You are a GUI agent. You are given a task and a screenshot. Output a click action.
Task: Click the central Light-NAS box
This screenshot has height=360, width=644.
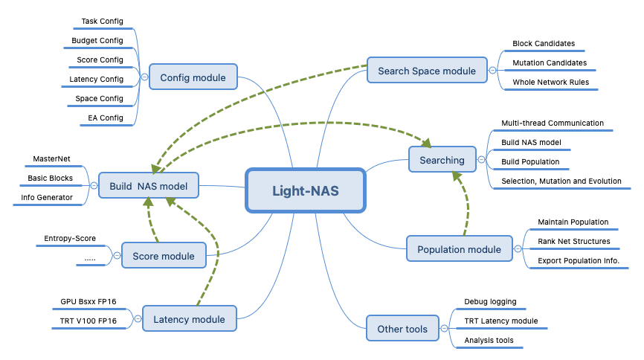[x=305, y=190]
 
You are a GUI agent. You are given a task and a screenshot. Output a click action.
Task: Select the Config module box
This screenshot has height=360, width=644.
[x=193, y=77]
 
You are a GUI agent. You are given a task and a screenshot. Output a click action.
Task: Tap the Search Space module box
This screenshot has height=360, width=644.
[x=427, y=70]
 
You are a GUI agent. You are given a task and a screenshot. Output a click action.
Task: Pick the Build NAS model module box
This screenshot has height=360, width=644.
[x=149, y=186]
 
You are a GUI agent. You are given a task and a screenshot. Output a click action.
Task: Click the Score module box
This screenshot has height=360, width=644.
[x=164, y=256]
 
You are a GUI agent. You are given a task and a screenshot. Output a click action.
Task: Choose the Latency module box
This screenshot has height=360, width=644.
[x=190, y=318]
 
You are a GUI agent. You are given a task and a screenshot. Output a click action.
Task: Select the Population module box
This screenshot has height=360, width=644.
[x=459, y=248]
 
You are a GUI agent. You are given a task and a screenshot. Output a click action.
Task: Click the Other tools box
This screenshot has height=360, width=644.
[x=402, y=328]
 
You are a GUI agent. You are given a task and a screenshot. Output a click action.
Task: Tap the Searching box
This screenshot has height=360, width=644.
[x=442, y=159]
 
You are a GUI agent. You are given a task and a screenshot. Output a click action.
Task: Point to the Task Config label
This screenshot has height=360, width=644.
[x=103, y=21]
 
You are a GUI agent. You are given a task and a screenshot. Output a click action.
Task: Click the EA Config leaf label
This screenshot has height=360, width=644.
[x=106, y=118]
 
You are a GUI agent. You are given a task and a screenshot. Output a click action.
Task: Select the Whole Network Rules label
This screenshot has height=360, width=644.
[x=551, y=83]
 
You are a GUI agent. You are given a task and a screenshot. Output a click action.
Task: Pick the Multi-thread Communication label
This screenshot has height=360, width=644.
[x=553, y=123]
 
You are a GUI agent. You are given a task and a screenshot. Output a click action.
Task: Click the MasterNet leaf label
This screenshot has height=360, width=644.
[x=51, y=158]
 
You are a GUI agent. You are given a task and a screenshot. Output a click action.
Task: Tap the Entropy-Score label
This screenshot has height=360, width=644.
[x=70, y=238]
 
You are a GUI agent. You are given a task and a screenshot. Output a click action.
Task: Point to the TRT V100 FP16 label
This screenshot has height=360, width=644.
[x=88, y=321]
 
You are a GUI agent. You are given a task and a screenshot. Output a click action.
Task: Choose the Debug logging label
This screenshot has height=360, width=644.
[x=490, y=302]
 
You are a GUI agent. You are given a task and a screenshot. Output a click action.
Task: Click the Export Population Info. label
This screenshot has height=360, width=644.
[x=579, y=260]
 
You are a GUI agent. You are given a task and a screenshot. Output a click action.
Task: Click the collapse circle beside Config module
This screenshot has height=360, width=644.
[x=144, y=77]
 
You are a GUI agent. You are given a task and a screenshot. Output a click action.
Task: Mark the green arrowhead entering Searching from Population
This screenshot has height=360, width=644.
[x=457, y=176]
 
